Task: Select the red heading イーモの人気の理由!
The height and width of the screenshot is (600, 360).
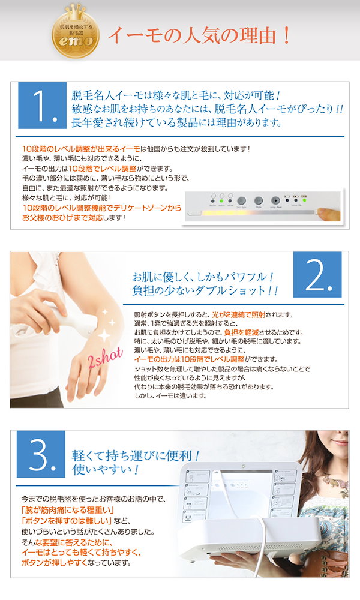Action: point(199,34)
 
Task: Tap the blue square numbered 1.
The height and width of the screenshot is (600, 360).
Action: point(42,105)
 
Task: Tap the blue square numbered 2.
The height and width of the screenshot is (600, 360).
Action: point(317,276)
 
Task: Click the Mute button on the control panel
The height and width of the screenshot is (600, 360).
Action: point(259,201)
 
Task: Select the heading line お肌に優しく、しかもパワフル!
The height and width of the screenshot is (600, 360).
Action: point(203,278)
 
